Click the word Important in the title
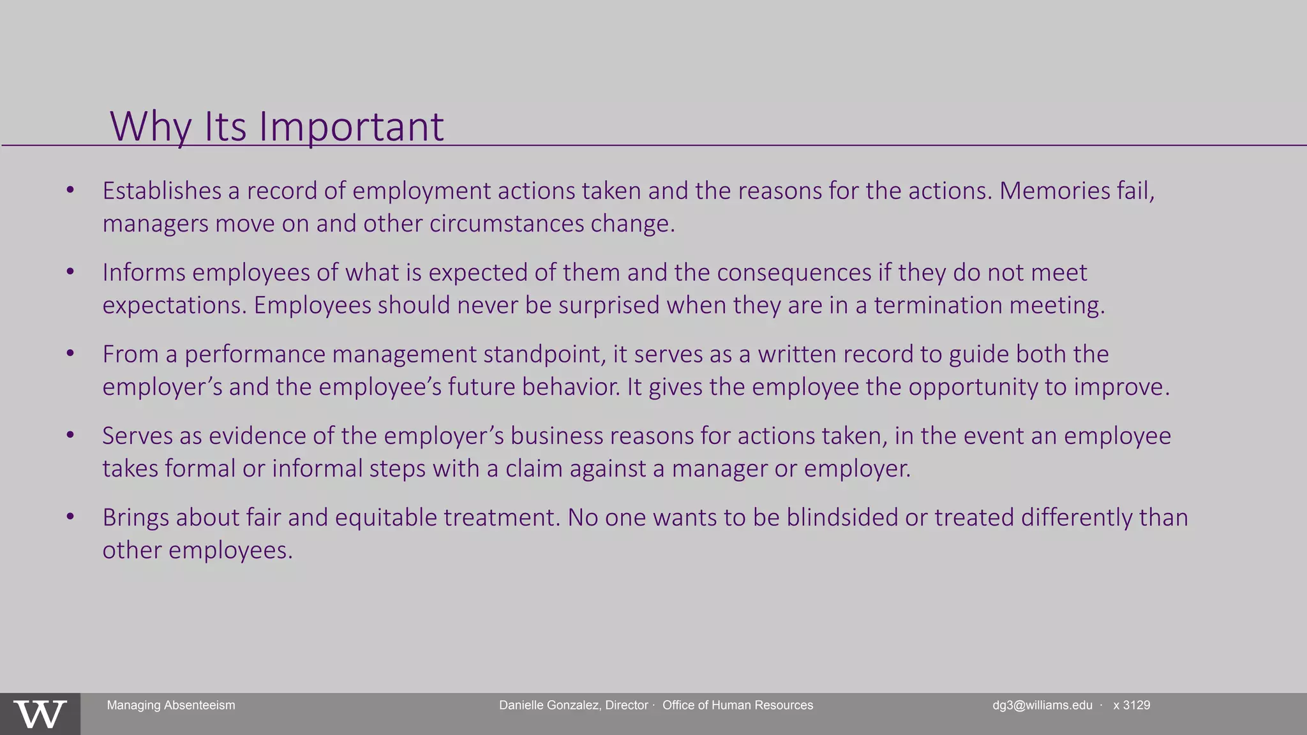[351, 126]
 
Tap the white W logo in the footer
[40, 714]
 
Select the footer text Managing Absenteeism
[171, 705]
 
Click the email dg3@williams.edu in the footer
[1042, 705]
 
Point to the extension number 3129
[1137, 705]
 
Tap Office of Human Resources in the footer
[738, 705]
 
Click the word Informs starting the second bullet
[144, 272]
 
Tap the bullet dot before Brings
[71, 516]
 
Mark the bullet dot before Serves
[71, 434]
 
